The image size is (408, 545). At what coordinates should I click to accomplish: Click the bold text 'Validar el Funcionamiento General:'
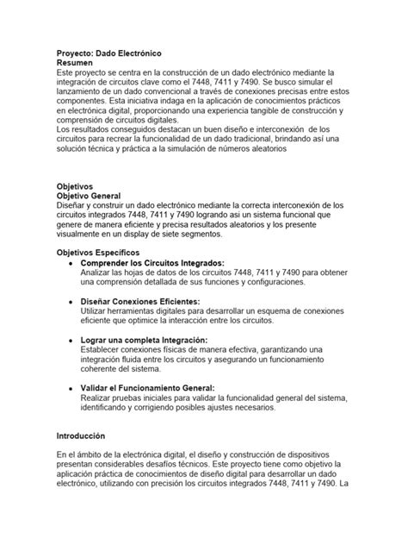pos(162,388)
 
